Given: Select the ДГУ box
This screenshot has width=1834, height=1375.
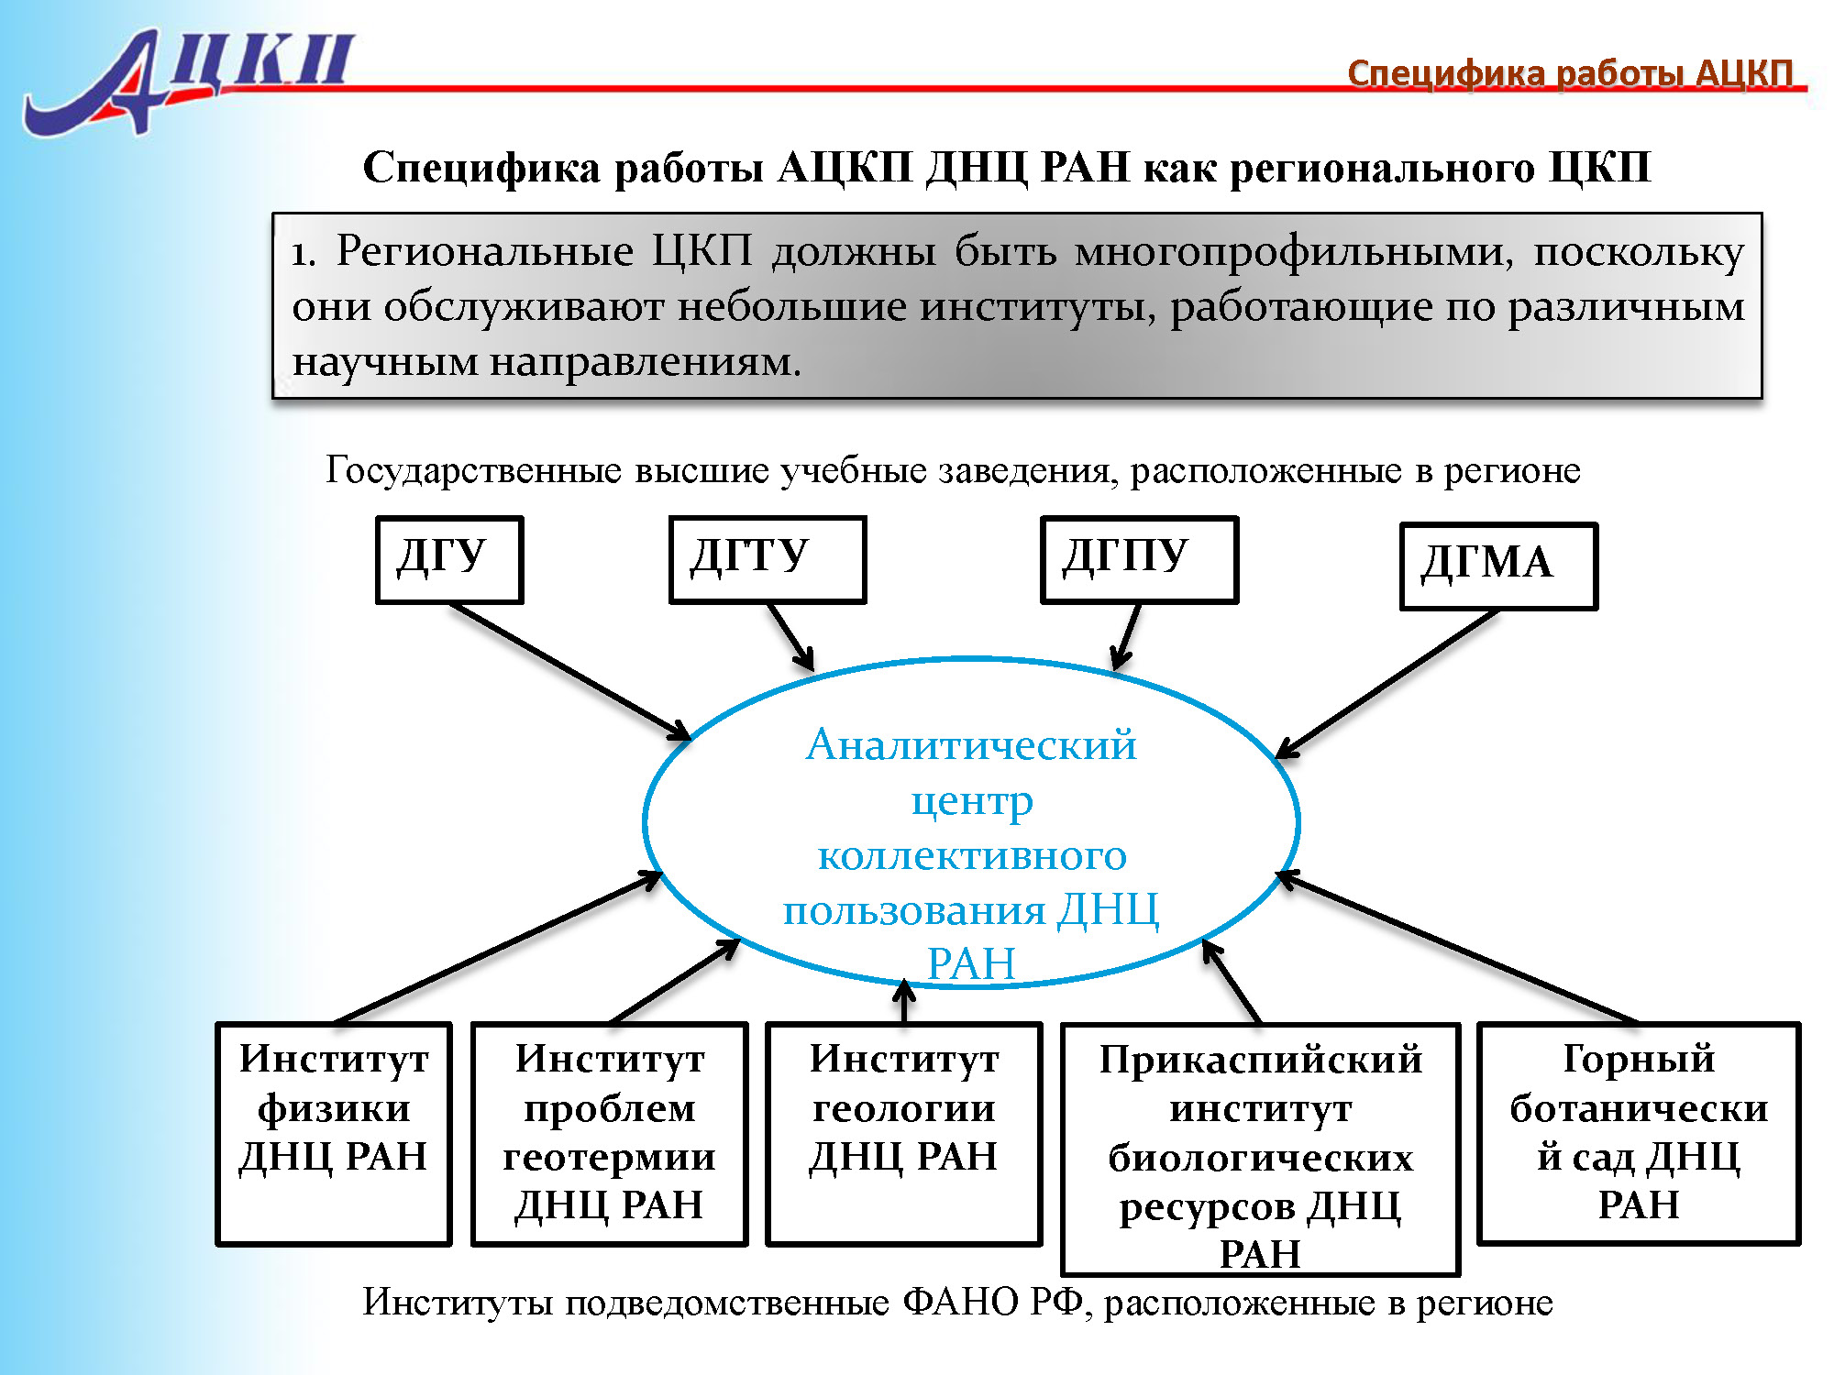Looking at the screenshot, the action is tap(449, 560).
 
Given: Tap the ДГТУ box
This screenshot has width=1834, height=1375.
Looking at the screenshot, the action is tap(768, 560).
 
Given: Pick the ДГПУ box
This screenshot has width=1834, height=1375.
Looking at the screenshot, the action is tap(1140, 560).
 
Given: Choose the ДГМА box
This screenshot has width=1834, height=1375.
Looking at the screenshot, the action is tap(1499, 566).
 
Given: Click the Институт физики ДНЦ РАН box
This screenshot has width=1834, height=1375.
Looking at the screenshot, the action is tap(334, 1134).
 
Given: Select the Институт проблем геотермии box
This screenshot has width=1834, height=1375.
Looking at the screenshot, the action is tap(610, 1134).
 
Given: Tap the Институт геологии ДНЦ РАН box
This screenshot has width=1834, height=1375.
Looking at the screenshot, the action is tap(904, 1134).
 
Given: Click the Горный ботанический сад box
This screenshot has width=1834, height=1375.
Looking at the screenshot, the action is tap(1639, 1133).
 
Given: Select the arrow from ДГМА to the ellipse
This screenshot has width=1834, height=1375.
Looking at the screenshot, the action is tap(1387, 684).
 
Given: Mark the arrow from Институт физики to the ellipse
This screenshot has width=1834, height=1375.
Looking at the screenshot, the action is tap(498, 947).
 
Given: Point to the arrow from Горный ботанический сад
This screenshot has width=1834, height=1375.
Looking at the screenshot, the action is tap(1456, 947).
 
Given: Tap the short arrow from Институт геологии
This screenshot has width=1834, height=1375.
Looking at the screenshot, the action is tap(904, 1001).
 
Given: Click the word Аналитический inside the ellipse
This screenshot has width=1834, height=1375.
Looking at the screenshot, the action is tap(971, 744).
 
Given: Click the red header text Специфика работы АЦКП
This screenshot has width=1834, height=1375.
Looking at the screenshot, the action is tap(1570, 72).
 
